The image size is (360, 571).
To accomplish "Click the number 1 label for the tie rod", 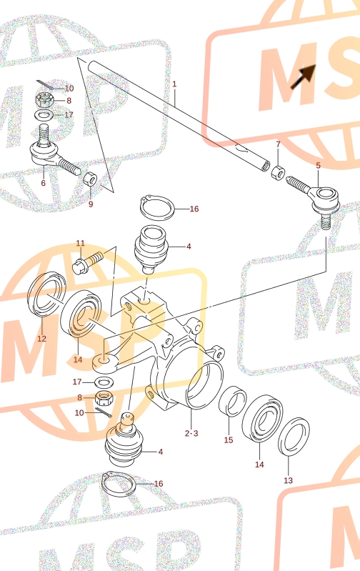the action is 174,84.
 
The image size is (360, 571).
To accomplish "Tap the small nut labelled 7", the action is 279,172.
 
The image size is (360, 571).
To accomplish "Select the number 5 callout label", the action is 318,166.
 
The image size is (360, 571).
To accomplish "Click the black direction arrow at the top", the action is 303,76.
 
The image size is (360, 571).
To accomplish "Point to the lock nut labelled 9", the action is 90,179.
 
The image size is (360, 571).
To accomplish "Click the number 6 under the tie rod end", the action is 44,183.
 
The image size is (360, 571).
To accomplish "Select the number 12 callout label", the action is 42,339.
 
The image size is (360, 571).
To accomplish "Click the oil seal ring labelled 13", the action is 294,437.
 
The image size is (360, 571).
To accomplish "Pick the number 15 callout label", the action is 229,440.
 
